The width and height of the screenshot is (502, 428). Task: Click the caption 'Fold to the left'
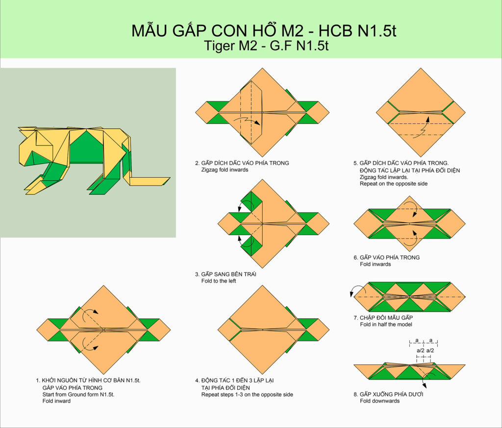(x=219, y=281)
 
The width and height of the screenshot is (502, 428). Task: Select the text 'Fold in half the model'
(x=386, y=324)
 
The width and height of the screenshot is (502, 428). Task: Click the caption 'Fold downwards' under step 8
(x=380, y=401)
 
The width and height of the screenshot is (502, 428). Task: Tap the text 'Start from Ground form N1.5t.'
(x=78, y=394)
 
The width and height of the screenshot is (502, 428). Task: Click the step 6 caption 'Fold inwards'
(x=375, y=264)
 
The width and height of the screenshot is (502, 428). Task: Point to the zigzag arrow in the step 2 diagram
(x=247, y=121)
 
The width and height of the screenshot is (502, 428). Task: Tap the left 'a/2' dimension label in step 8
(x=420, y=350)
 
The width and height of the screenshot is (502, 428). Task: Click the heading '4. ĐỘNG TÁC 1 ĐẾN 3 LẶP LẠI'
(x=234, y=380)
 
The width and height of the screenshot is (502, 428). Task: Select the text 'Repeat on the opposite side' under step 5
(x=394, y=184)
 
